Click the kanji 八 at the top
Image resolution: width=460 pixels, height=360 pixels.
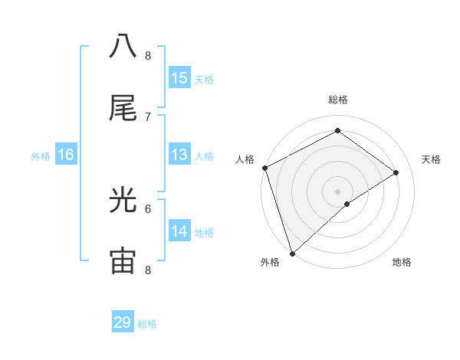(123, 47)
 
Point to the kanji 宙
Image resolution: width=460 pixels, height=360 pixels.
(123, 261)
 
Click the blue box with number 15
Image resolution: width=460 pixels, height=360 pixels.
(179, 78)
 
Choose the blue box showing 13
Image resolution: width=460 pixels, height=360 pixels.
(179, 155)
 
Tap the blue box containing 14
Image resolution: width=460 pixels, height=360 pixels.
(179, 231)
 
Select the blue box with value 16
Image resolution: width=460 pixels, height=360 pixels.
(66, 155)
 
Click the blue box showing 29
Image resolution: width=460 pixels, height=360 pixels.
(123, 322)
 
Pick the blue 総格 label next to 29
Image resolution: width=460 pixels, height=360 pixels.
(147, 324)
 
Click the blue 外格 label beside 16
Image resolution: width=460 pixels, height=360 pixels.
(41, 156)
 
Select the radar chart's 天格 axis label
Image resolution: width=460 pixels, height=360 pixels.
(432, 159)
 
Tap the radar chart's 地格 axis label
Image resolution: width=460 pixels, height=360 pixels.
(402, 262)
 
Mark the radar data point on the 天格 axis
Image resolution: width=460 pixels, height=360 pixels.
(396, 172)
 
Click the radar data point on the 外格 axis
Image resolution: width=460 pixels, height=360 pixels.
(292, 253)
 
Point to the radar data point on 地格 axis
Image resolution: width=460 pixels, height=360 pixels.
(347, 204)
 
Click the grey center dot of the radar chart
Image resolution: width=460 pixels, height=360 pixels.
(337, 191)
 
